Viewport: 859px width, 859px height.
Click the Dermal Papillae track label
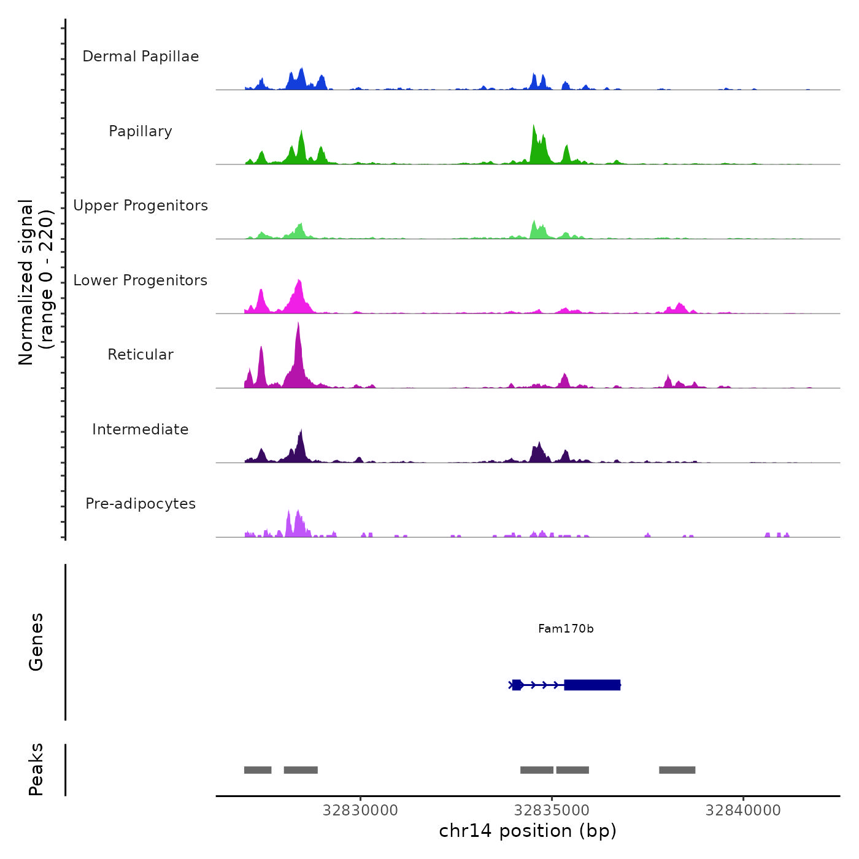[141, 56]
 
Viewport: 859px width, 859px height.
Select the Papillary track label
[141, 131]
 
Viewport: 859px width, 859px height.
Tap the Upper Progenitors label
[141, 206]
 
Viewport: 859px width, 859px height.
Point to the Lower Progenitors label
[141, 280]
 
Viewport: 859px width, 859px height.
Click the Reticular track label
[141, 355]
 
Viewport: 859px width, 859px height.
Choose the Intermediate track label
[141, 429]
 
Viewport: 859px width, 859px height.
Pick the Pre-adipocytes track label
[141, 504]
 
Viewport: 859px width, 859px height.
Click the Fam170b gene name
[566, 628]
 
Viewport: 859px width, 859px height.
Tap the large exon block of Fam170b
[592, 685]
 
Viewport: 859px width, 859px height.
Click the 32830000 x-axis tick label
[360, 811]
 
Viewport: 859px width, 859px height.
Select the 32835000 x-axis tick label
[552, 811]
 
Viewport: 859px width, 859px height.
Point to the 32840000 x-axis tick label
[743, 811]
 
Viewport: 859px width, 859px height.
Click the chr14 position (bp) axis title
[528, 831]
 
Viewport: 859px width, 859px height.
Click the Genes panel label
[36, 642]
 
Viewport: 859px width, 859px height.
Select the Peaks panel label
[36, 769]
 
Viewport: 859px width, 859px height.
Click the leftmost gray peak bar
[258, 770]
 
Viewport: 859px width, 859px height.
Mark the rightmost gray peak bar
[677, 770]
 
